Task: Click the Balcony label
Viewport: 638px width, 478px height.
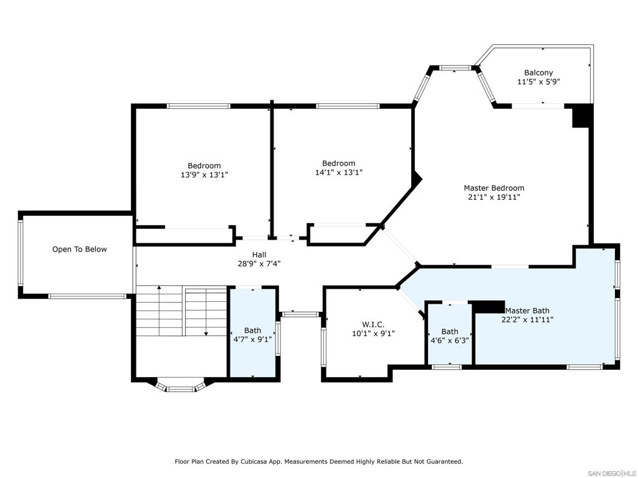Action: coord(538,73)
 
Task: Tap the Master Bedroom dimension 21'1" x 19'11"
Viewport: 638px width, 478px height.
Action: coord(493,197)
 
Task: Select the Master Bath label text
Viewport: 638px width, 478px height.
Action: coord(527,311)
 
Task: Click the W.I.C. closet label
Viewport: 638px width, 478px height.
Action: coord(373,324)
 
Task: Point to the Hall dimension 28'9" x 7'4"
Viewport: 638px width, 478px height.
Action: coord(259,263)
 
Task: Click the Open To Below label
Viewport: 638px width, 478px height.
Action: coord(79,250)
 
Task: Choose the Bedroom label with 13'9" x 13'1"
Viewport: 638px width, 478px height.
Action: coord(204,166)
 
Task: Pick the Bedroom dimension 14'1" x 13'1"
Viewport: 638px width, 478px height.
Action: coord(338,173)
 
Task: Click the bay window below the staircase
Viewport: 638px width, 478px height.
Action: coord(181,387)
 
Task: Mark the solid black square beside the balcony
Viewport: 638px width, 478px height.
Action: coord(583,116)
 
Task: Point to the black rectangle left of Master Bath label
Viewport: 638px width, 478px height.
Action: coord(489,306)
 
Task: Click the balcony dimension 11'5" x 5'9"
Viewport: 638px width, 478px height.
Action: coord(538,82)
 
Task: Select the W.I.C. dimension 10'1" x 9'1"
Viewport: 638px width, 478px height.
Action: coord(373,334)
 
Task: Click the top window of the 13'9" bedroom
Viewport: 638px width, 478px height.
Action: coord(199,106)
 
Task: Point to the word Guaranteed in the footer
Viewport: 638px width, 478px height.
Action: coord(442,462)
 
